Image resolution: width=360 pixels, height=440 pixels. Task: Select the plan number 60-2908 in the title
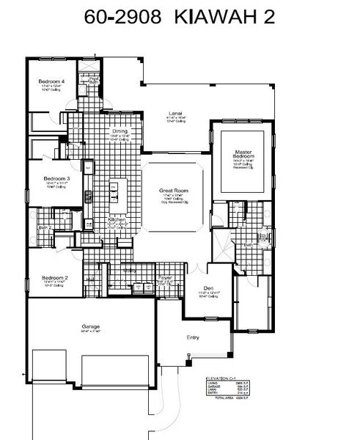click(120, 18)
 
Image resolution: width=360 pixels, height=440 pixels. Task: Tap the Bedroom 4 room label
click(52, 81)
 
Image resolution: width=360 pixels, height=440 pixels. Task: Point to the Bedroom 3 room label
click(56, 179)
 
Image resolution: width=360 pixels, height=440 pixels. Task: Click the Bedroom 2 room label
click(56, 278)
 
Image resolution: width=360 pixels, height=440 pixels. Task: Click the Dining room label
click(109, 131)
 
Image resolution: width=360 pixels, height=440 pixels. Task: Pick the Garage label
click(91, 326)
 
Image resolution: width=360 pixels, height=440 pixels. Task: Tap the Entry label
click(194, 337)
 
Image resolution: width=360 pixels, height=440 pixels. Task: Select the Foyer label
click(165, 277)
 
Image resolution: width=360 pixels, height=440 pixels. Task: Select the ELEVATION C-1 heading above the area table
click(220, 378)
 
